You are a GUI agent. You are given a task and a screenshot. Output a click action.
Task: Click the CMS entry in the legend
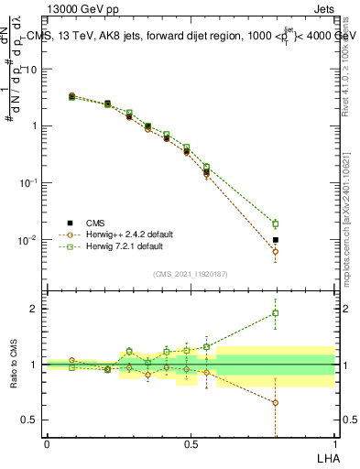tap(94, 223)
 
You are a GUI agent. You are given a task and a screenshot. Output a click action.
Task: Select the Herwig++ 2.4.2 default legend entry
tap(122, 234)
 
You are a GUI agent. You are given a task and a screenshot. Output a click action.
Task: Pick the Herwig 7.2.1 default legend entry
tap(121, 246)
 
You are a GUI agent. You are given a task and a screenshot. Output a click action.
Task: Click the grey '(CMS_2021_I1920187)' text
tap(191, 273)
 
